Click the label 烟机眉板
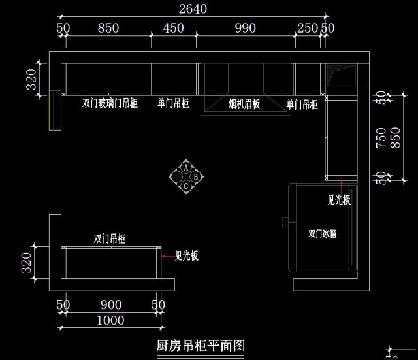click(x=245, y=103)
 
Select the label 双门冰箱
click(x=323, y=233)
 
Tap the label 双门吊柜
click(x=110, y=239)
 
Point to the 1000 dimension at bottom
click(x=110, y=320)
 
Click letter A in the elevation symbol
click(x=186, y=167)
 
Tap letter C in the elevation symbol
click(x=186, y=186)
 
